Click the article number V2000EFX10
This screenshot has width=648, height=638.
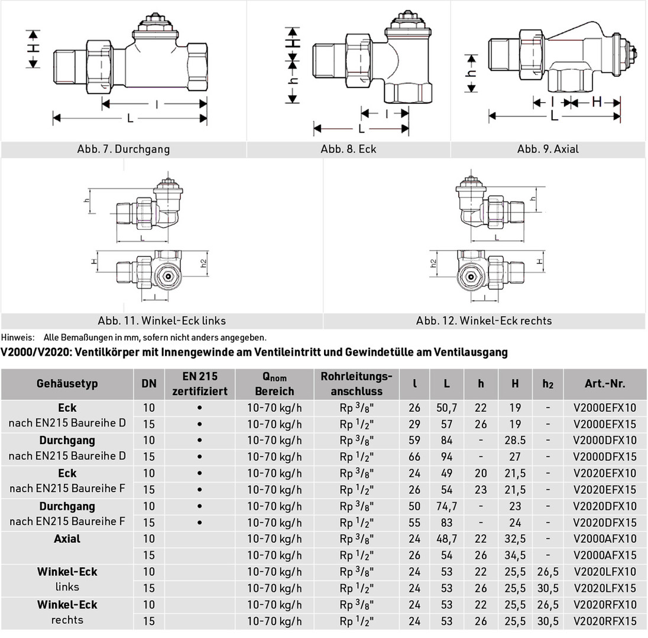605,408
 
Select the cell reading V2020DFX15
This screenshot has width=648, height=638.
605,522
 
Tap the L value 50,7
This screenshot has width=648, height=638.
446,408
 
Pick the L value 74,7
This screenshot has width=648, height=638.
446,506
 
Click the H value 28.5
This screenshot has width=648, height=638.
515,440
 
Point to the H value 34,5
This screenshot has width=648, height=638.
515,555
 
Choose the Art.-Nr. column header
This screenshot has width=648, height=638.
605,383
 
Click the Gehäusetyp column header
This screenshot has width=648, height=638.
67,383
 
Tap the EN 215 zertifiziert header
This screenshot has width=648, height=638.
200,383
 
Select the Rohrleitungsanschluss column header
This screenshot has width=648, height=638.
357,383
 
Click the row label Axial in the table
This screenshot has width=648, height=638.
67,539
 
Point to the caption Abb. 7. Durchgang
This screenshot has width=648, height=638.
123,149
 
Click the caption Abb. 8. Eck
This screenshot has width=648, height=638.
348,149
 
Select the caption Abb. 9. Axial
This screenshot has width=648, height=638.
547,149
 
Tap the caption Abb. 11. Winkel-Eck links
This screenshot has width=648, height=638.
161,321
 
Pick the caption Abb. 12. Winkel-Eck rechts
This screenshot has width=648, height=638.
484,321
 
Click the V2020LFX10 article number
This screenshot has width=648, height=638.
605,572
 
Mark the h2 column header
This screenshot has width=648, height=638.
548,383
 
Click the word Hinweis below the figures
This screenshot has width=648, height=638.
18,338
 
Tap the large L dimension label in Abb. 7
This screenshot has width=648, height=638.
130,119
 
